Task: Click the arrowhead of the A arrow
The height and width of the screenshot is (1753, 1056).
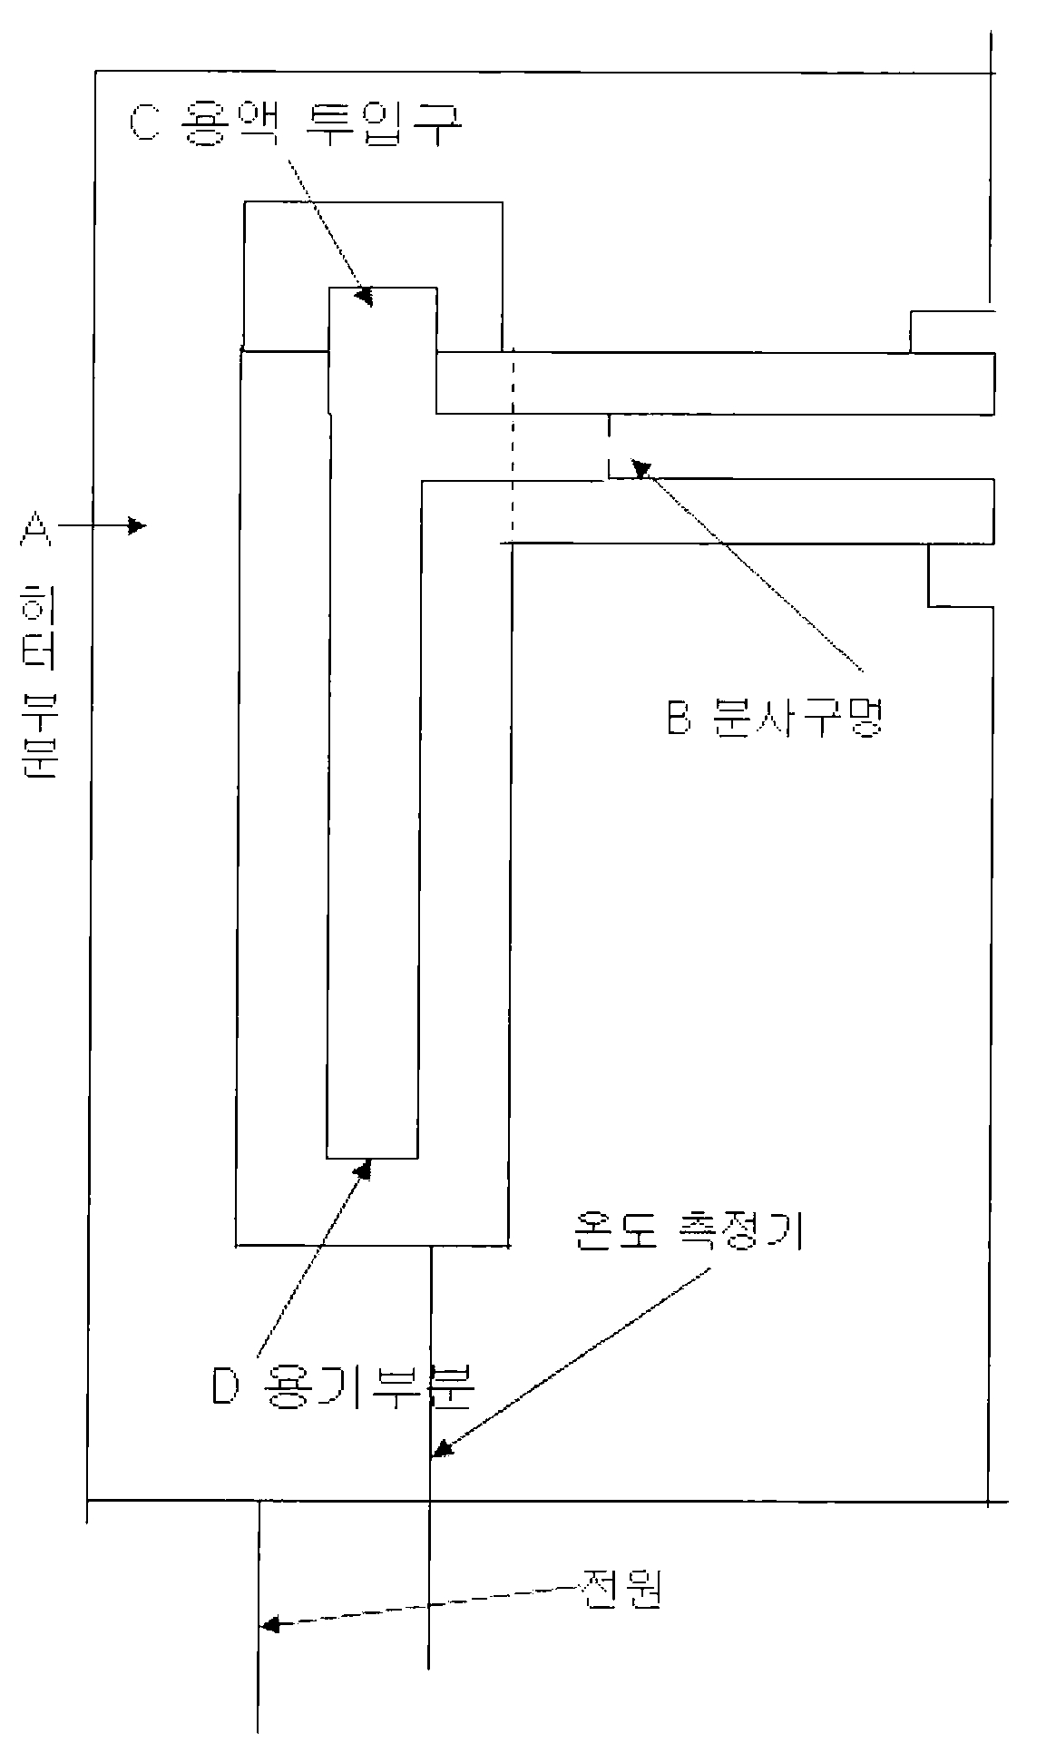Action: point(138,525)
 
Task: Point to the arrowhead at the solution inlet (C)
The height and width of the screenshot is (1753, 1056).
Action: point(364,297)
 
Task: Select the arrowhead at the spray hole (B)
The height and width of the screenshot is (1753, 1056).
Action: point(641,469)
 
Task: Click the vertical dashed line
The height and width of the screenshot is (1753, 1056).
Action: point(512,445)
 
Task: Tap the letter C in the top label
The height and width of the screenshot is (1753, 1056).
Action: point(144,123)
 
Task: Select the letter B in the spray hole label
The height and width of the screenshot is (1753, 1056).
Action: point(680,720)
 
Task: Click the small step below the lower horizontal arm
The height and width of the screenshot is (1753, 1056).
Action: point(960,575)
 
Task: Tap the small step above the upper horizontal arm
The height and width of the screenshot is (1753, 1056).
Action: point(951,331)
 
